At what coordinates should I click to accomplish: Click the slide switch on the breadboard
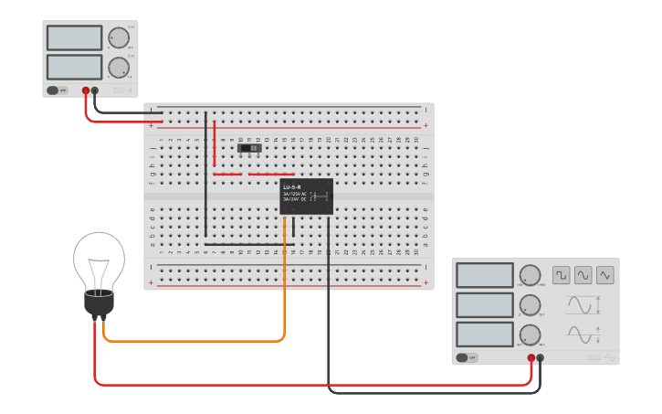click(x=249, y=147)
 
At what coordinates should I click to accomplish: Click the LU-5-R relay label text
click(x=292, y=187)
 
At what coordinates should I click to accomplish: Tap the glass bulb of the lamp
click(x=99, y=260)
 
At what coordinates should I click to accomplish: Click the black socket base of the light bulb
click(x=99, y=303)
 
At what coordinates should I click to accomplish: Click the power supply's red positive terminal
click(x=86, y=90)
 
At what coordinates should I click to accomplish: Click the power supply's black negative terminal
click(x=95, y=90)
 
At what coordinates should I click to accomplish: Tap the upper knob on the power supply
click(x=118, y=37)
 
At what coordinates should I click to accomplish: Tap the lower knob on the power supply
click(x=118, y=68)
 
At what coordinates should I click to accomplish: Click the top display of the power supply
click(x=74, y=37)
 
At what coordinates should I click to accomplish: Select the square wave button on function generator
click(x=561, y=275)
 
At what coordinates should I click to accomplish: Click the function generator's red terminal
click(x=531, y=358)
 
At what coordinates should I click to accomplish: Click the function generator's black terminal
click(x=541, y=358)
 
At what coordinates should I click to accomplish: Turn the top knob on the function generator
click(x=530, y=275)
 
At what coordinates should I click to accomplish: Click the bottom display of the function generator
click(x=484, y=334)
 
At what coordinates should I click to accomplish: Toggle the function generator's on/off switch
click(x=466, y=358)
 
